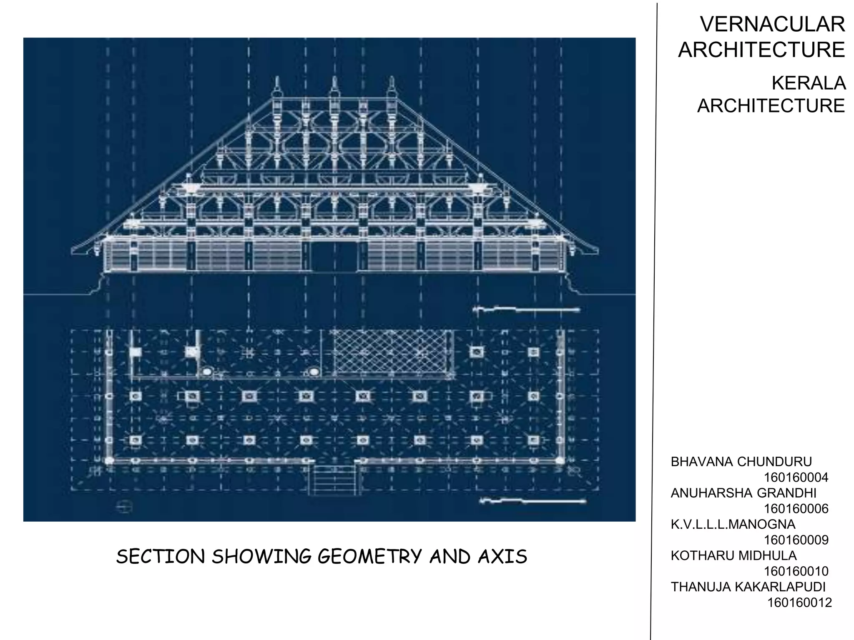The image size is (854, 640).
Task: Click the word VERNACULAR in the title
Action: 772,24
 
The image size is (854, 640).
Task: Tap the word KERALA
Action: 808,83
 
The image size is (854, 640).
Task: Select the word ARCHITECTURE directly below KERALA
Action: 771,106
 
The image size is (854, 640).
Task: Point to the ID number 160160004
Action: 796,477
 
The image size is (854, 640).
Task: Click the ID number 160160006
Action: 796,509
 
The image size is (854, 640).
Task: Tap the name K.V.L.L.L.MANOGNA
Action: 733,524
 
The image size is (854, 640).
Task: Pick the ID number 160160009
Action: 796,540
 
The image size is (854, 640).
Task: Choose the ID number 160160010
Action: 796,571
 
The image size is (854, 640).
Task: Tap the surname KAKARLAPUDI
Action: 780,587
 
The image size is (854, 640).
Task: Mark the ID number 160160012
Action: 799,602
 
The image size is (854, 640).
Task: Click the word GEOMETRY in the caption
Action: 369,557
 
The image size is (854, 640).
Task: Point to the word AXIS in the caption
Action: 502,557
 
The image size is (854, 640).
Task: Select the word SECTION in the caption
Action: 161,557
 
